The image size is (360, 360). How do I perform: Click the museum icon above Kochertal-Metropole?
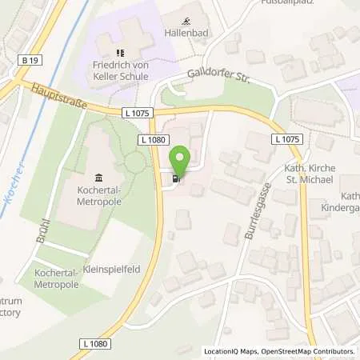[98, 177]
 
